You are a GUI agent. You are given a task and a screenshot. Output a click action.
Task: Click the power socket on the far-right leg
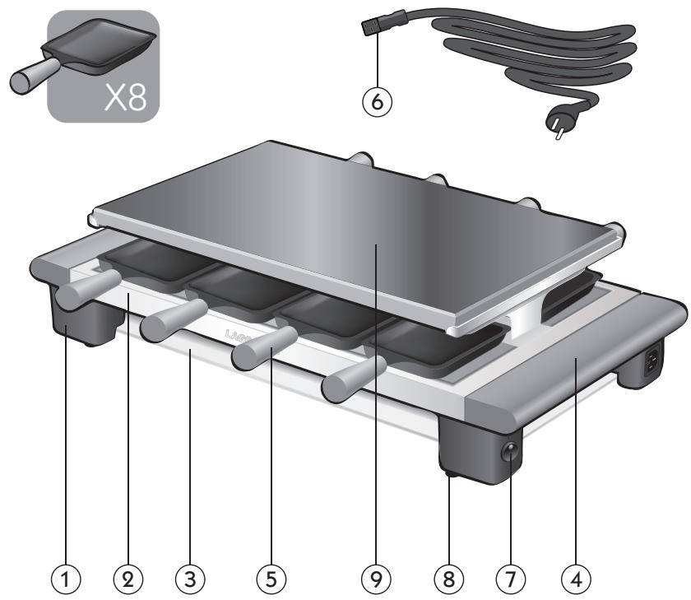coord(656,360)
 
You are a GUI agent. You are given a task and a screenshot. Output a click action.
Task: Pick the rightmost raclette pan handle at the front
coord(350,385)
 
